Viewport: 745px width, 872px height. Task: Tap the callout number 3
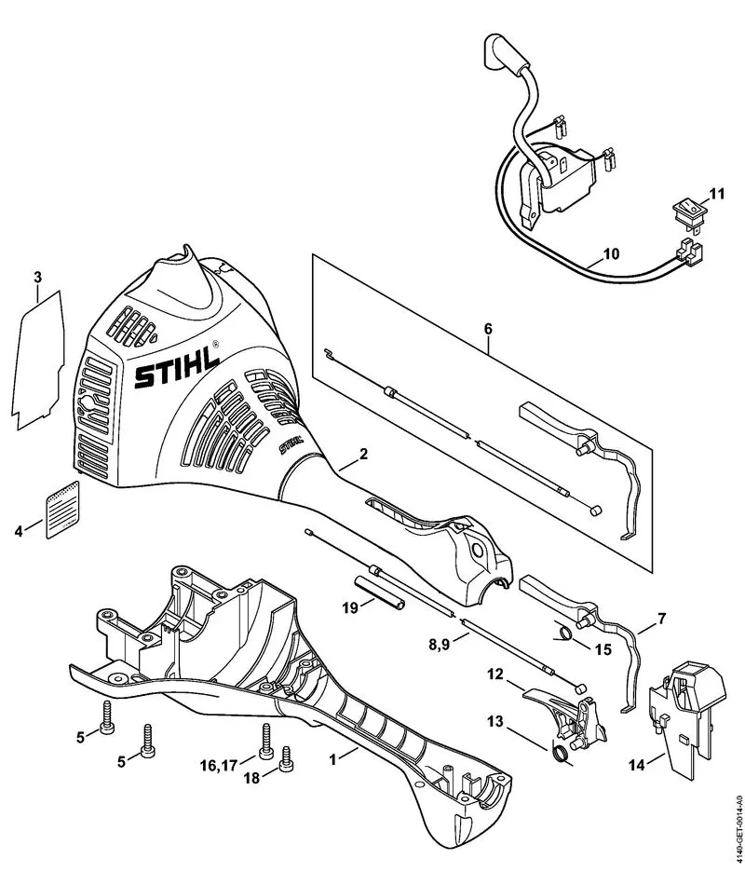[x=37, y=277]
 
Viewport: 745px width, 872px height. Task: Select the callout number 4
[x=19, y=533]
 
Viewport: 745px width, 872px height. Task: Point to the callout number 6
[x=489, y=328]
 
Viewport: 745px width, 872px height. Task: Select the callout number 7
[x=662, y=617]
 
